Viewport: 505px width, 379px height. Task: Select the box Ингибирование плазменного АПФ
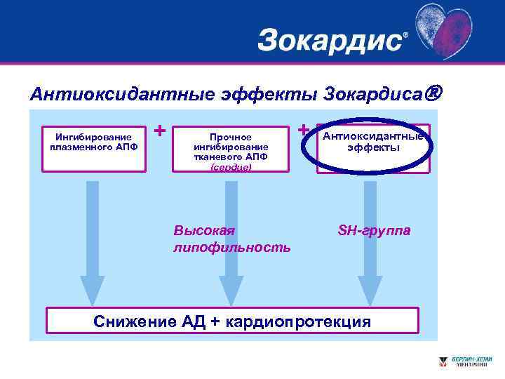point(93,148)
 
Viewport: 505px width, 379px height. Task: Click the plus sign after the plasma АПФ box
point(160,131)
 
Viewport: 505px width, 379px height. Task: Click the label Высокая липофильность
point(231,239)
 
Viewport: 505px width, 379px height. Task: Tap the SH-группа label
point(375,230)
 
